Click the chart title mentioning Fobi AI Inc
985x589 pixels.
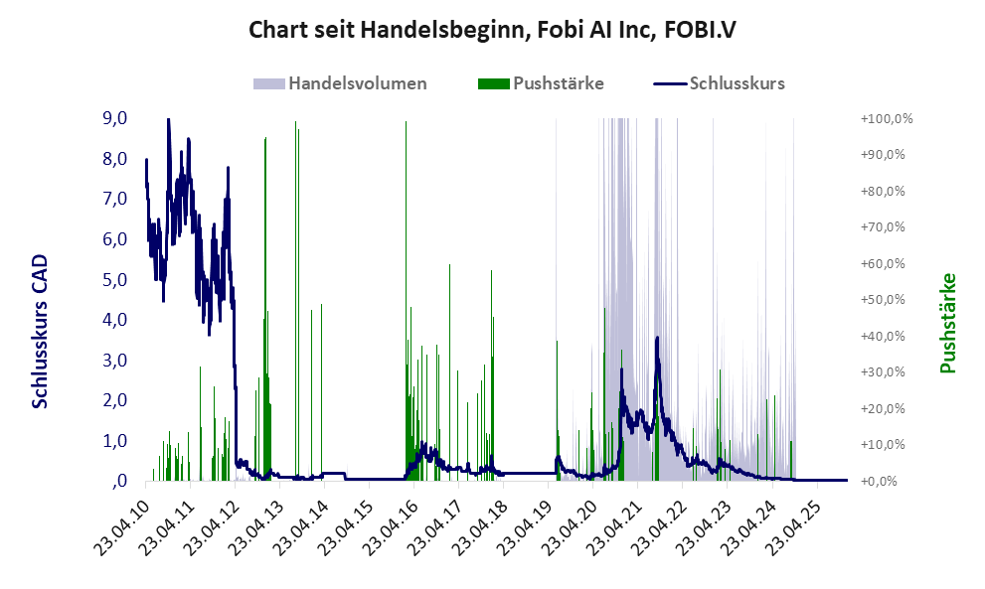tap(492, 31)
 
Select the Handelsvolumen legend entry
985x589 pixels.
tap(357, 83)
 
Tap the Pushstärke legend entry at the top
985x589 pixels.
tap(558, 83)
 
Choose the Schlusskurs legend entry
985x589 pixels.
tap(737, 83)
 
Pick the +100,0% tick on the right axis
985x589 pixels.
tap(887, 119)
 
